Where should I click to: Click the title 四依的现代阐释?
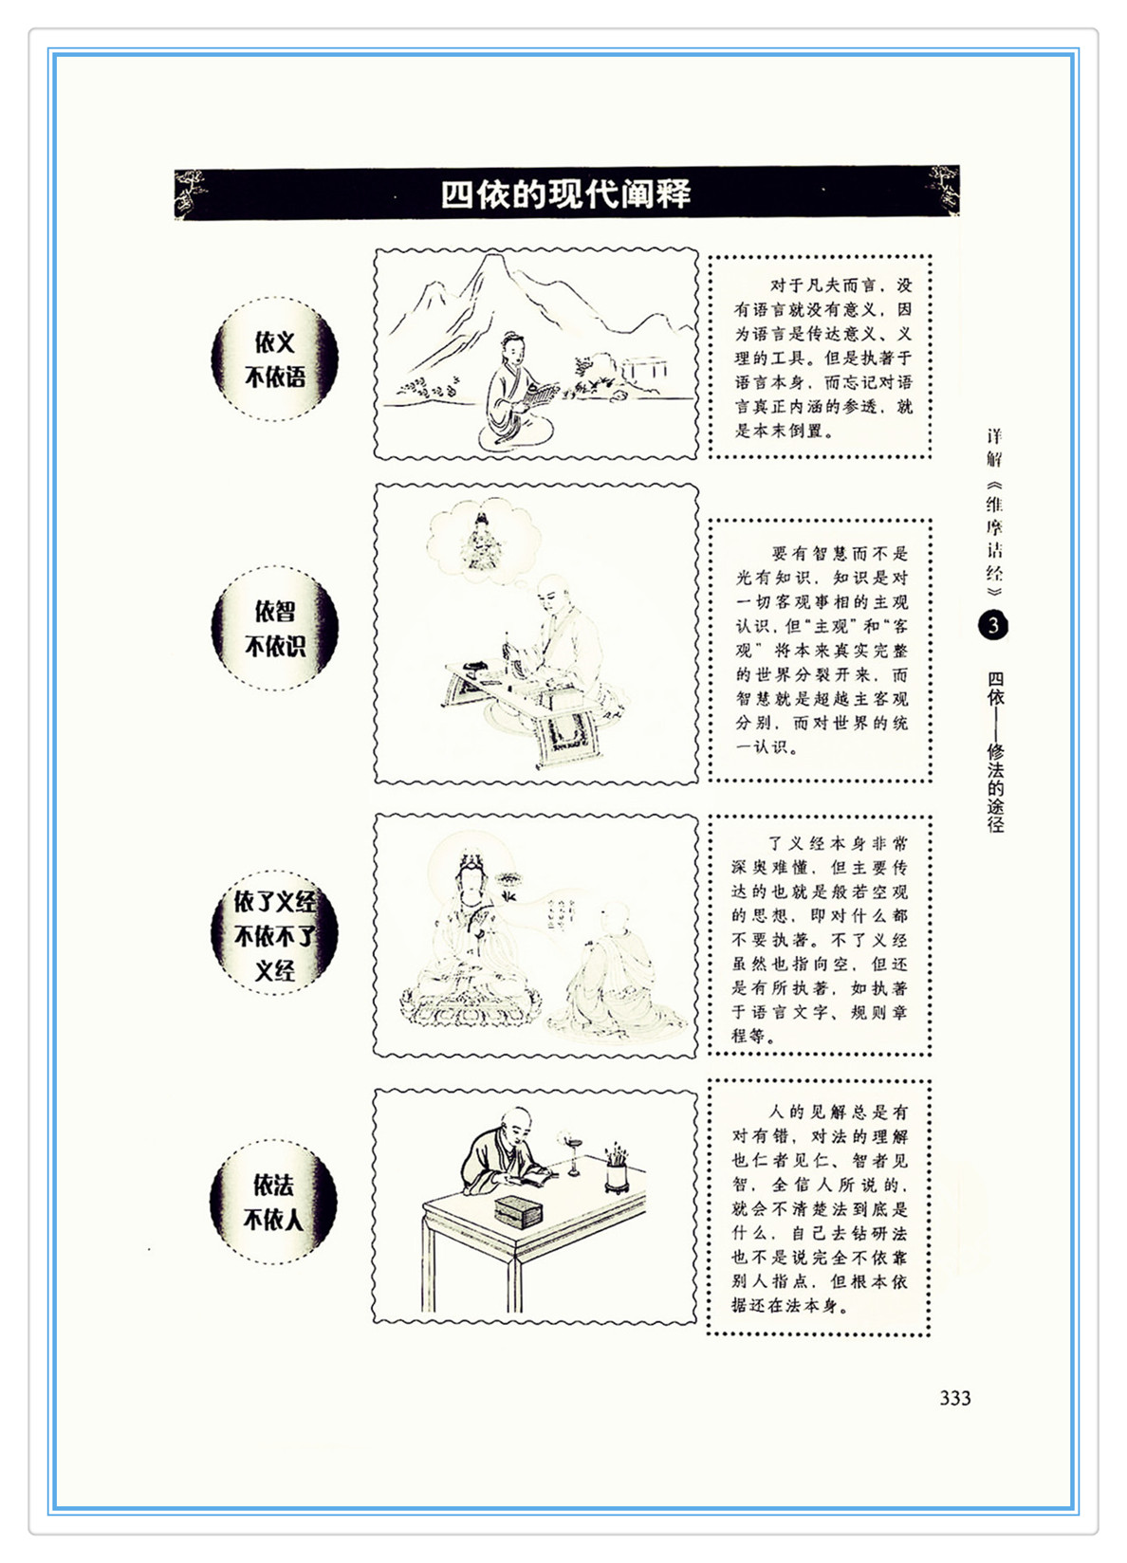565,193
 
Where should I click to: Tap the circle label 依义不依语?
275,359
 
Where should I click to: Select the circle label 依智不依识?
275,628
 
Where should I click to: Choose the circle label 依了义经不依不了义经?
275,935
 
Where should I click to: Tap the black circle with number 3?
993,625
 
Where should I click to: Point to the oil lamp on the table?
573,1155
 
